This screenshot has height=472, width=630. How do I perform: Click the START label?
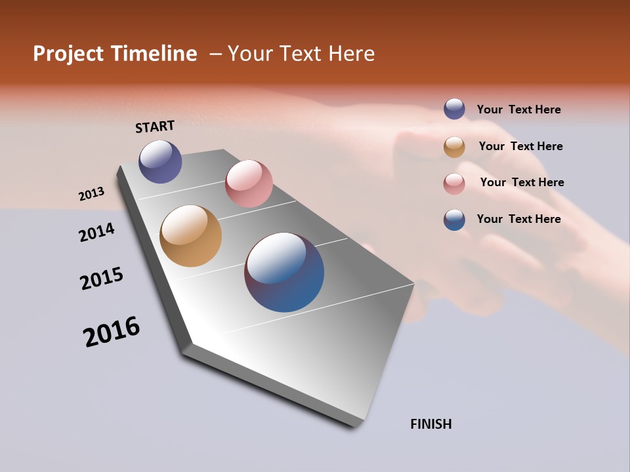point(155,127)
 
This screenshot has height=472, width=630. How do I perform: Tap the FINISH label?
point(430,424)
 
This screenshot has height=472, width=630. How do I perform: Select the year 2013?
point(91,194)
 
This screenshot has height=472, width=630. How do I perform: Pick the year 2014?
point(96,232)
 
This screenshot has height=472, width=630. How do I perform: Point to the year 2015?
point(102,278)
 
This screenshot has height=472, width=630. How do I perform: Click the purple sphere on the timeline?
point(160,161)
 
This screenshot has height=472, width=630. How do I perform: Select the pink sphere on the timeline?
point(249,184)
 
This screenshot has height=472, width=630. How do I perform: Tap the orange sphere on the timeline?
point(190,236)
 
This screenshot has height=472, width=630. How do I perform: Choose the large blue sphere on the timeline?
point(284,272)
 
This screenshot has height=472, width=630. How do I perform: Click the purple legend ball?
point(454,109)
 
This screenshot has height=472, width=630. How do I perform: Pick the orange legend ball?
point(454,147)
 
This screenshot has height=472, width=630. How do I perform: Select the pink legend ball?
point(454,183)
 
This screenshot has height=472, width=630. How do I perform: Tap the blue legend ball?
point(454,220)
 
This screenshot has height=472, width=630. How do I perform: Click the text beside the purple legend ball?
point(518,110)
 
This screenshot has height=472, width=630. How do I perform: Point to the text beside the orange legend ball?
point(520,146)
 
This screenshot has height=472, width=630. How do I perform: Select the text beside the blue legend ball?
point(518,219)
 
